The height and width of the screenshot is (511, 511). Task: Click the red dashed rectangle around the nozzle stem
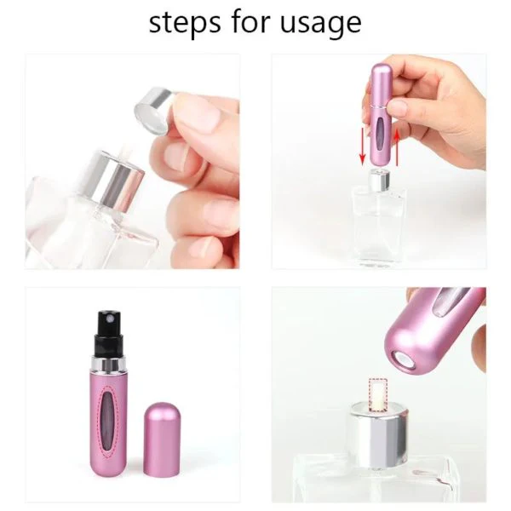376,393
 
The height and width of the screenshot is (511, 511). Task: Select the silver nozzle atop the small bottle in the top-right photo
376,181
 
